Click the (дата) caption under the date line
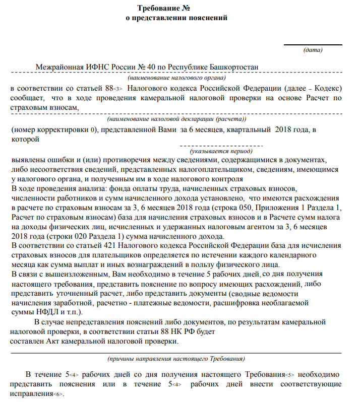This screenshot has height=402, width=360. [x=313, y=49]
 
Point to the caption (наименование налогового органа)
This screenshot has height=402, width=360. [x=176, y=78]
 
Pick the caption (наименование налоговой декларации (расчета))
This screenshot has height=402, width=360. [x=176, y=120]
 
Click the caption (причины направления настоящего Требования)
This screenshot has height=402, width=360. [x=176, y=359]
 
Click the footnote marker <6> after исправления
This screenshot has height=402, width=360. [x=59, y=394]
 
